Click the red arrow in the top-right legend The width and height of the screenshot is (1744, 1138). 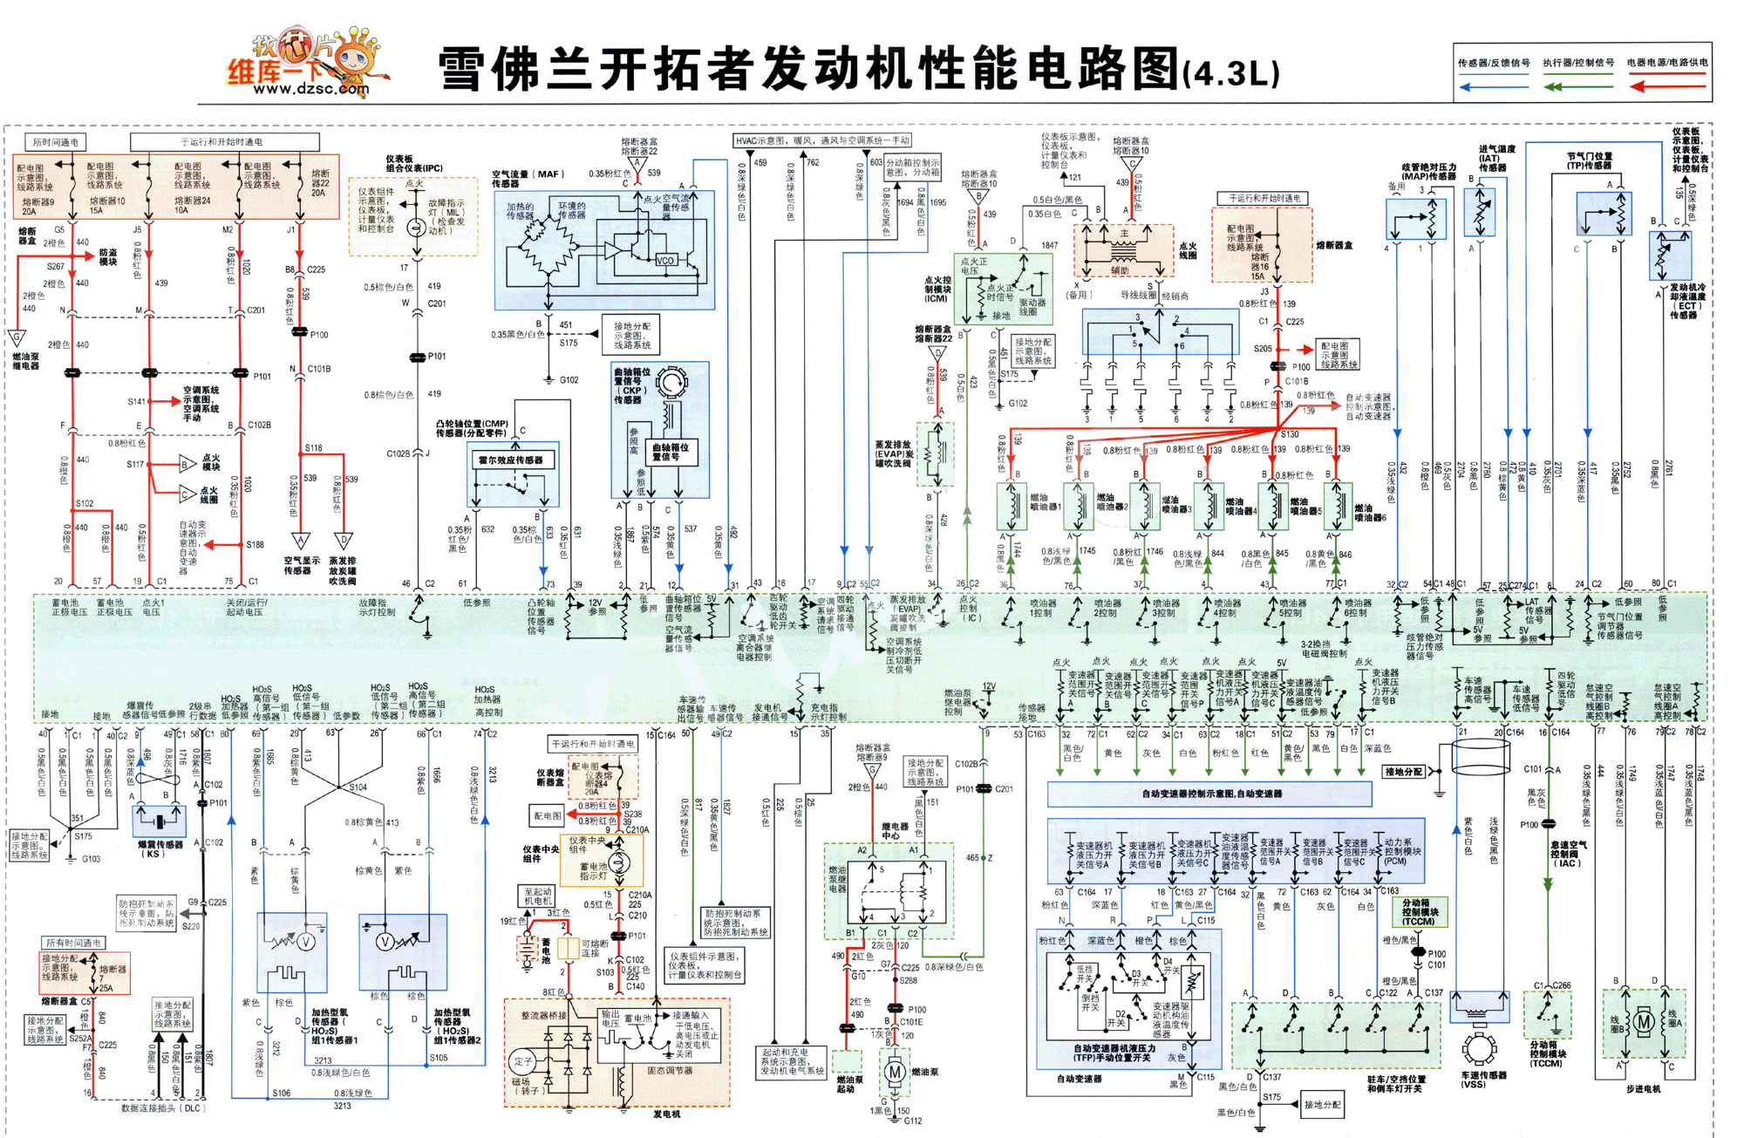pyautogui.click(x=1666, y=86)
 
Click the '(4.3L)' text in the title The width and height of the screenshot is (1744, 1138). pyautogui.click(x=1231, y=73)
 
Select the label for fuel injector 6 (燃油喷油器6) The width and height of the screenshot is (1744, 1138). pyautogui.click(x=1370, y=512)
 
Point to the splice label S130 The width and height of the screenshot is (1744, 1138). pyautogui.click(x=1289, y=433)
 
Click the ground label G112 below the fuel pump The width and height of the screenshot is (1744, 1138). pyautogui.click(x=912, y=1121)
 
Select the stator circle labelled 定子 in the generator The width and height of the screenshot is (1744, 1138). pyautogui.click(x=523, y=1061)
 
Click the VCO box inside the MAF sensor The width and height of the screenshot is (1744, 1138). pyautogui.click(x=665, y=260)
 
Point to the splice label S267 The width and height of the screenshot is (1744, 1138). pyautogui.click(x=55, y=266)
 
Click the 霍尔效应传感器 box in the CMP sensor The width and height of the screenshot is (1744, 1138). pyautogui.click(x=511, y=460)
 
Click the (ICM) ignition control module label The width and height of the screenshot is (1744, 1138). pyautogui.click(x=936, y=298)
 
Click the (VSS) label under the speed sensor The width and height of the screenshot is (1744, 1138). pyautogui.click(x=1473, y=1084)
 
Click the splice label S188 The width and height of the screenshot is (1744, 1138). pyautogui.click(x=255, y=544)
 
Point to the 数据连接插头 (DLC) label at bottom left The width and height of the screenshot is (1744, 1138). pyautogui.click(x=161, y=1108)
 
